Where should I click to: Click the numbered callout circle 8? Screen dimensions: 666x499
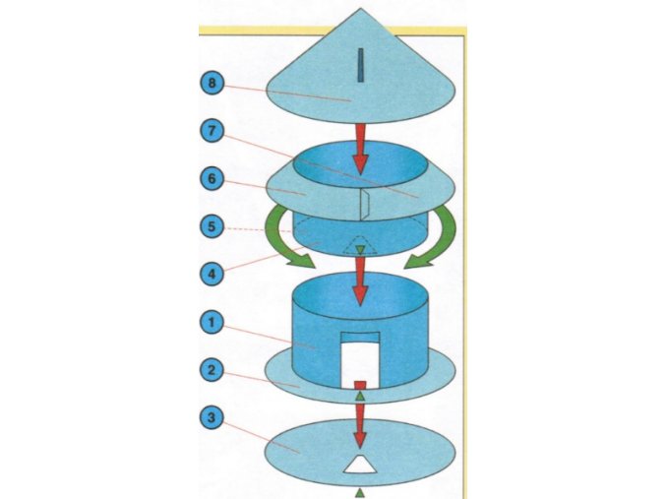(212, 83)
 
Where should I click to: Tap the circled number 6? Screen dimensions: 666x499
(212, 180)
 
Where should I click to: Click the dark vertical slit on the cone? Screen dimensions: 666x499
(362, 66)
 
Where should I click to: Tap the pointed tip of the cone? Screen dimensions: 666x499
(362, 10)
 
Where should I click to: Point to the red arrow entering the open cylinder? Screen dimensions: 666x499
(361, 282)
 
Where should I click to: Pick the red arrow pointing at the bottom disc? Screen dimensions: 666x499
(361, 418)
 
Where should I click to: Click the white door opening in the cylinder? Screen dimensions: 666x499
(361, 358)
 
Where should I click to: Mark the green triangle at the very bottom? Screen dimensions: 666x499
(361, 490)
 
